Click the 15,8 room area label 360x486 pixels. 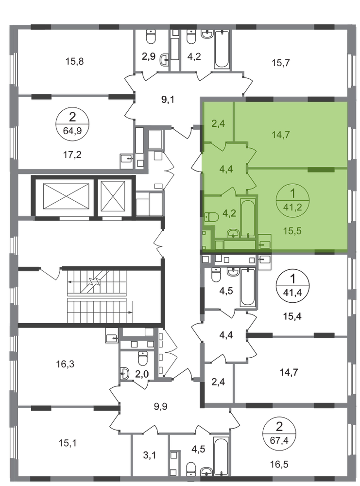click(74, 61)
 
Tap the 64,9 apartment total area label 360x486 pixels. click(72, 131)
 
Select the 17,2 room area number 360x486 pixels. click(72, 155)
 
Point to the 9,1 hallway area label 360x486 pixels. click(168, 100)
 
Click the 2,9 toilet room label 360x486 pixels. click(148, 57)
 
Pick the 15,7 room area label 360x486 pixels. click(281, 63)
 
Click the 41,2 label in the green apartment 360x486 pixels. click(292, 207)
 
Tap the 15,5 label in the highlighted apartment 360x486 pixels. click(292, 231)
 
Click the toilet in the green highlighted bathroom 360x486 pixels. click(212, 216)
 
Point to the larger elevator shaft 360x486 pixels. click(66, 196)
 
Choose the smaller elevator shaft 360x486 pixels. click(113, 196)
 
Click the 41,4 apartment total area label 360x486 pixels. click(292, 291)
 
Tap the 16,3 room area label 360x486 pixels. click(65, 364)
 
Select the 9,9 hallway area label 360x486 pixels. click(160, 406)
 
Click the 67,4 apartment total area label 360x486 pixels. click(279, 440)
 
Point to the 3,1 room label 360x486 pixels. click(150, 455)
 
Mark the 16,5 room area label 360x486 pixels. click(279, 464)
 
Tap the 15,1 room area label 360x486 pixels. click(68, 443)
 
